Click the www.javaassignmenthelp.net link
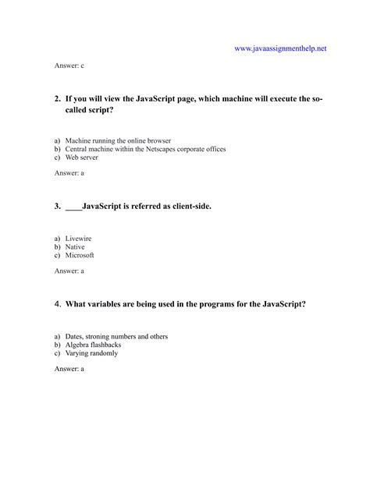coord(279,48)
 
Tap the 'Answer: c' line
coord(69,68)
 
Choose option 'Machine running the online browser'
coord(118,141)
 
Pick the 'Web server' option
coord(81,158)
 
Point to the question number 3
coord(58,207)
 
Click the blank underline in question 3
coord(73,207)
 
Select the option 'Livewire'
coord(80,238)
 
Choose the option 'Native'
coord(76,246)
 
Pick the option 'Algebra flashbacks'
coord(93,344)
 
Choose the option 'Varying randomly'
coord(91,352)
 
